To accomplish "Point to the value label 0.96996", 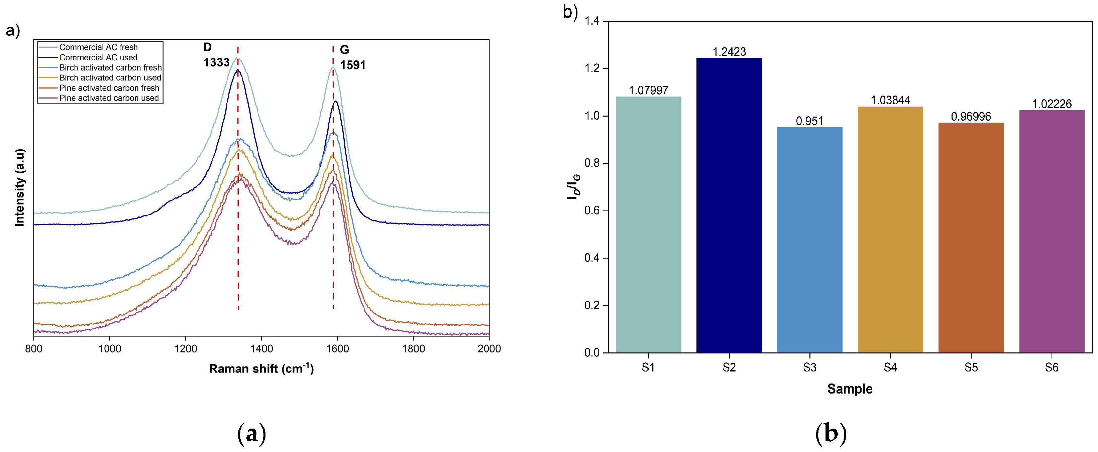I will pyautogui.click(x=971, y=116).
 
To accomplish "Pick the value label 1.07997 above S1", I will pyautogui.click(x=648, y=90).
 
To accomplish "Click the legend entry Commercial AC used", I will pyautogui.click(x=98, y=57).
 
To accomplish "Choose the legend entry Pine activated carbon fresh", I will pyautogui.click(x=109, y=88).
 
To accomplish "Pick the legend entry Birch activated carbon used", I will pyautogui.click(x=110, y=78).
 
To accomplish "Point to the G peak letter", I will pyautogui.click(x=344, y=50).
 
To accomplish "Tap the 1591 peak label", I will pyautogui.click(x=352, y=65).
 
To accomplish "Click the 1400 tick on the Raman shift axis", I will pyautogui.click(x=261, y=349).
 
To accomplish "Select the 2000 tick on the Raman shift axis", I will pyautogui.click(x=488, y=349).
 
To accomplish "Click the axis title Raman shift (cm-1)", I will pyautogui.click(x=261, y=368).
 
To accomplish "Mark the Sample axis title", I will pyautogui.click(x=850, y=389).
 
